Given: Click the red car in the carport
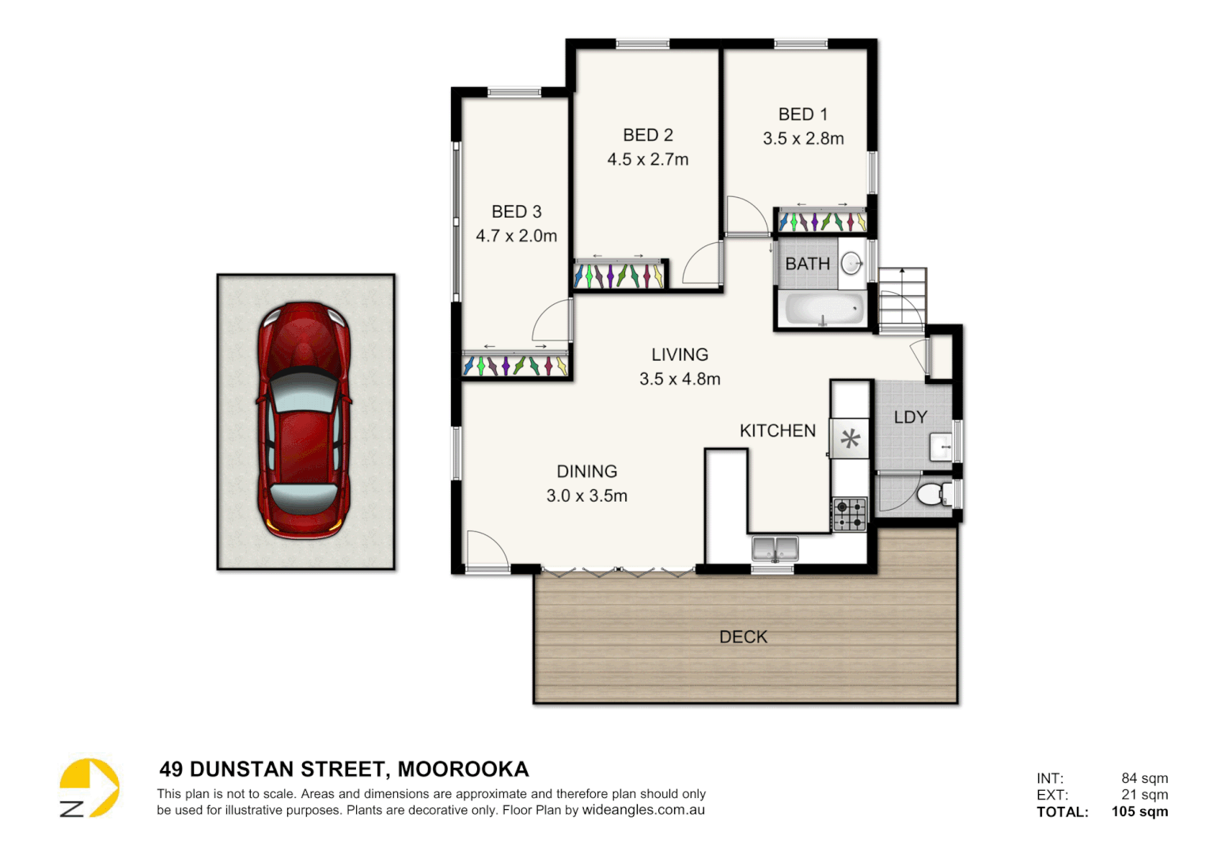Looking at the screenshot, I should tap(304, 420).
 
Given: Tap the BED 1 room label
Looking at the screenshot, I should tap(802, 115).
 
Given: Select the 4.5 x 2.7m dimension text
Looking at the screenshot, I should tap(647, 160).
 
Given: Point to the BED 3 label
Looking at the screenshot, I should tap(516, 212).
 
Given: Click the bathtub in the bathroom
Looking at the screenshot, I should tap(823, 309).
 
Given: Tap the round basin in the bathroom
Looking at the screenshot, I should tap(851, 263).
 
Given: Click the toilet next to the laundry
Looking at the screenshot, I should tap(934, 495).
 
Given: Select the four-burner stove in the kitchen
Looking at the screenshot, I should tap(850, 514).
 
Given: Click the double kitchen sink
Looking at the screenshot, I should tap(775, 548).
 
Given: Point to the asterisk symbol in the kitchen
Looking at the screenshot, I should tap(850, 439).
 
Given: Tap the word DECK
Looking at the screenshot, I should tap(743, 637).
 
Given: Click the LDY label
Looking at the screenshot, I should tap(910, 417).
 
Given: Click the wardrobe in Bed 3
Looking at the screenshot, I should tap(516, 365).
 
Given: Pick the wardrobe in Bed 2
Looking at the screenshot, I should tap(620, 275).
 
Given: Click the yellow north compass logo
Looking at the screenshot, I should tap(89, 788).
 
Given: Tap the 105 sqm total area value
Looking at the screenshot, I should tap(1139, 811).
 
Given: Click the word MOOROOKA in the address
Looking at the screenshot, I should tap(463, 769).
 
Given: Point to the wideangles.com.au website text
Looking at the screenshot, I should tap(643, 810).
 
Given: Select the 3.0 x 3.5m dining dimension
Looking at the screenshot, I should tap(586, 496).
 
